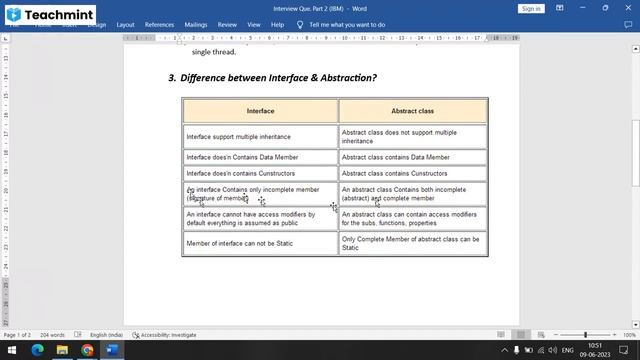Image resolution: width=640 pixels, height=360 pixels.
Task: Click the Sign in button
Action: point(531,8)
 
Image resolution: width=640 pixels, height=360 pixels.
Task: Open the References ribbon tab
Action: point(159,24)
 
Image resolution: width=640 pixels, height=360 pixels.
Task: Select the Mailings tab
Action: point(196,24)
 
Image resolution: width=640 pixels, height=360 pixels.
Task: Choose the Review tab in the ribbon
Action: point(227,24)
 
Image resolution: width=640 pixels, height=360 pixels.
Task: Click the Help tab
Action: point(277,24)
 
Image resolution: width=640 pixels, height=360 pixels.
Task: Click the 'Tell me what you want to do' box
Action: point(346,24)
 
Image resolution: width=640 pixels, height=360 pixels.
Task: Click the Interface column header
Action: point(260,110)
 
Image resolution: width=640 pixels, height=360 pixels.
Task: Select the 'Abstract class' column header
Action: point(412,110)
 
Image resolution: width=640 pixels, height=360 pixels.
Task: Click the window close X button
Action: point(627,8)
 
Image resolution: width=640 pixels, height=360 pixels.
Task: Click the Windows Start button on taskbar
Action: point(11,350)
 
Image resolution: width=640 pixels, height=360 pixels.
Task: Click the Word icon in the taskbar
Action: point(112,350)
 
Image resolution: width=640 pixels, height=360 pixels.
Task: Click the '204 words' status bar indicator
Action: point(53,335)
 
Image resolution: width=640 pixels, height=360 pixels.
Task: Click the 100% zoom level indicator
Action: point(629,335)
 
